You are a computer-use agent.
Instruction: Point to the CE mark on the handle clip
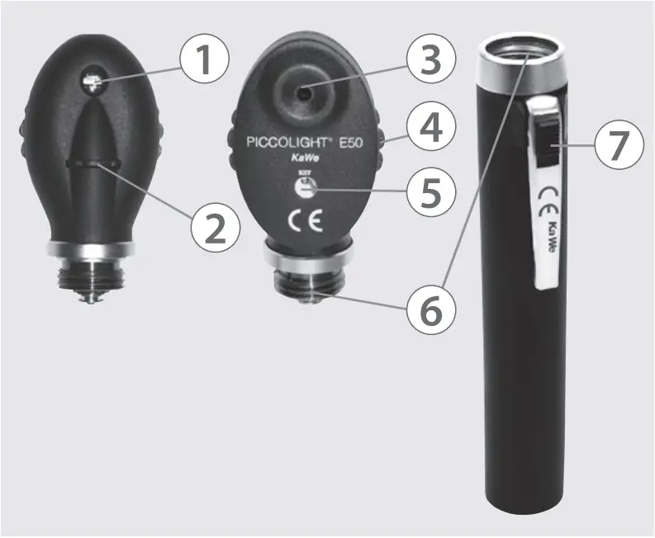coord(544,200)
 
